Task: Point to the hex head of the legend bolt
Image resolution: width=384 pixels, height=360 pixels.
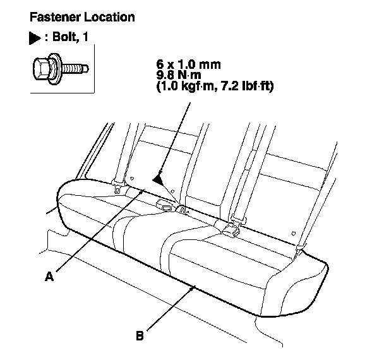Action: [42, 68]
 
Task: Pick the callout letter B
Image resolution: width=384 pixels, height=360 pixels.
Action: [140, 335]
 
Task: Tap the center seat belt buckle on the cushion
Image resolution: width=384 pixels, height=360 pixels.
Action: [167, 206]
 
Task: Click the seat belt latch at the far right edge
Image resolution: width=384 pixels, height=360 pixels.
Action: [301, 248]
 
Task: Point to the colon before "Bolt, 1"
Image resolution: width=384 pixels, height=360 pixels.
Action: [45, 39]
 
